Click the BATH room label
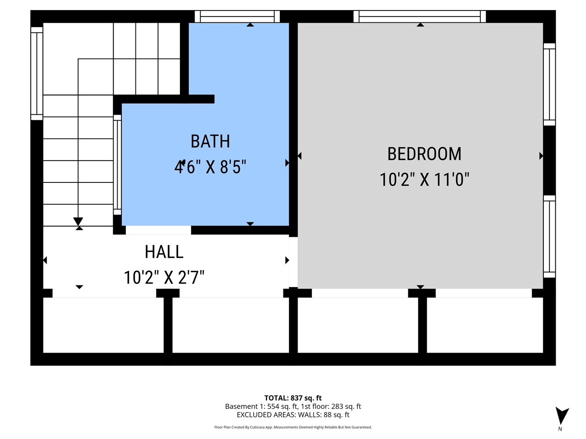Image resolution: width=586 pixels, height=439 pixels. (x=210, y=141)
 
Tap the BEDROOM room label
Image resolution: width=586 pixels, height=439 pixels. (x=424, y=154)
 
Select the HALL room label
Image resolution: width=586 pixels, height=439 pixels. (x=164, y=252)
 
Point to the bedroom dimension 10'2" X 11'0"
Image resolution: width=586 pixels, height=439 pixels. (x=424, y=180)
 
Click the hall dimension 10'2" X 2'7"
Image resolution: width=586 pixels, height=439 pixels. (x=164, y=278)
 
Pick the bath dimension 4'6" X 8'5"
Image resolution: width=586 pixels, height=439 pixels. (x=210, y=167)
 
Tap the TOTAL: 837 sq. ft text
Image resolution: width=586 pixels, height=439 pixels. (x=293, y=398)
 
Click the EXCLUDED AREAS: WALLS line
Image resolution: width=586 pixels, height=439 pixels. (x=293, y=415)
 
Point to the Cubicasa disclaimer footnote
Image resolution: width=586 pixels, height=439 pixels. (x=293, y=427)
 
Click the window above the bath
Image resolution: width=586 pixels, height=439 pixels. (x=237, y=16)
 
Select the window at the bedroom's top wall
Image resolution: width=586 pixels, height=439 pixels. (x=419, y=16)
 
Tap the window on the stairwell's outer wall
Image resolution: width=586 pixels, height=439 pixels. (x=37, y=74)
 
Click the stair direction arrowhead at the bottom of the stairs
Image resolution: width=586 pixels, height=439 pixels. (x=78, y=221)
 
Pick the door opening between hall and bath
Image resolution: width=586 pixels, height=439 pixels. (x=158, y=230)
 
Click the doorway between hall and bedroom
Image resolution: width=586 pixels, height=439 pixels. (x=293, y=262)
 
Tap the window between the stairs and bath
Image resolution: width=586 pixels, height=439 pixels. (x=118, y=165)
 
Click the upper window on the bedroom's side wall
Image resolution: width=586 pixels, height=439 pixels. (x=549, y=84)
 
